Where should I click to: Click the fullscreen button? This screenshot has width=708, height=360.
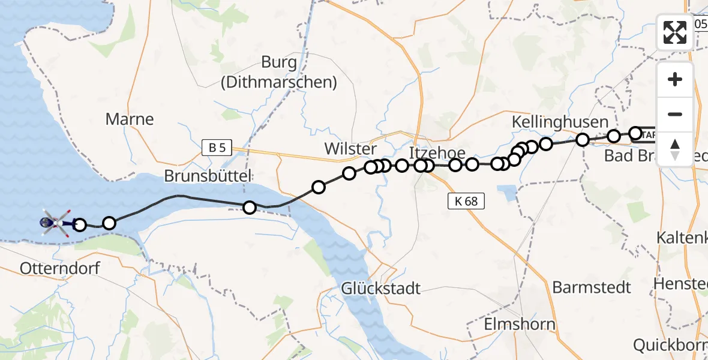675,32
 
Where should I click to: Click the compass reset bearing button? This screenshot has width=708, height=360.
675,149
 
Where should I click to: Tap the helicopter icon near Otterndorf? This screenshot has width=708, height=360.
55,223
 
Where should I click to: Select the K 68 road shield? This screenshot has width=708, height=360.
466,201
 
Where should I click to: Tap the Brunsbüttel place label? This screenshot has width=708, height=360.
208,176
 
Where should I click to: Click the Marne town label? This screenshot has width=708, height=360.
130,119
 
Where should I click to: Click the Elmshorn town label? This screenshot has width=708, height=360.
520,325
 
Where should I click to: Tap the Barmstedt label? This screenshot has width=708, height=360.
592,287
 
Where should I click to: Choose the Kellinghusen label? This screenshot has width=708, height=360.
560,122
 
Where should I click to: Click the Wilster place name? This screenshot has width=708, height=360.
350,148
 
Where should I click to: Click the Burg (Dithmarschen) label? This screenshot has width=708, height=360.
279,72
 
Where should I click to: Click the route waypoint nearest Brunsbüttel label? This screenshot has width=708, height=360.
250,208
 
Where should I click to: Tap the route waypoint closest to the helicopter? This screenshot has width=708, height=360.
79,225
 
